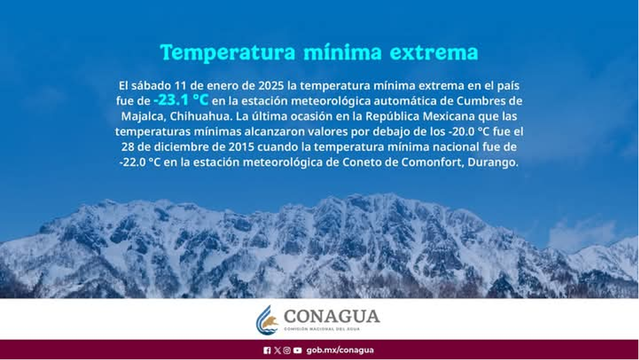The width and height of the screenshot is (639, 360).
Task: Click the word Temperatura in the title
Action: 227,52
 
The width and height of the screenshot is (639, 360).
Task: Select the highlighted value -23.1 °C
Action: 181,100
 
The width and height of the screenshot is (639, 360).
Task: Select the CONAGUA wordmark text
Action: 331,316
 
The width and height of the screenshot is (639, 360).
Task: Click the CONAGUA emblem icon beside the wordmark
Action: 266,320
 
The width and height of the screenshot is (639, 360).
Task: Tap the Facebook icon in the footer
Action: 267,351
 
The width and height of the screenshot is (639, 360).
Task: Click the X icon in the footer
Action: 278,351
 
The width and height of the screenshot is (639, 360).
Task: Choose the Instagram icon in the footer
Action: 287,351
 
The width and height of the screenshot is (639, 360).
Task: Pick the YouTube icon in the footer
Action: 297,351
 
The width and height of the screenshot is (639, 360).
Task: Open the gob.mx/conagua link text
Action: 340,351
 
